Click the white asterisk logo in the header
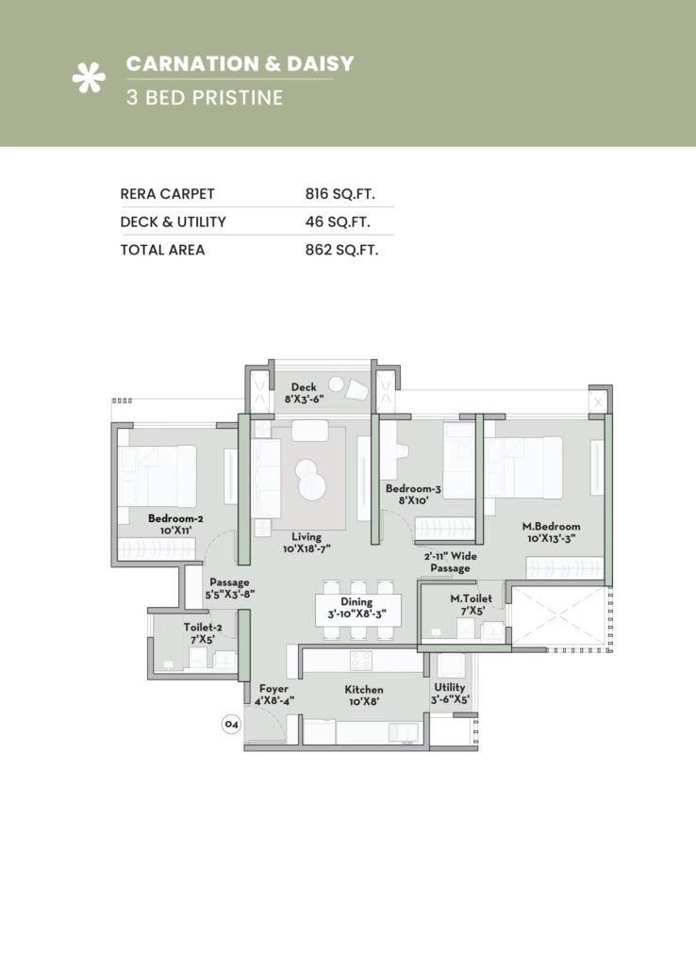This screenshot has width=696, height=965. pyautogui.click(x=89, y=79)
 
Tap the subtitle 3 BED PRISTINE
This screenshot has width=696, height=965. pyautogui.click(x=205, y=97)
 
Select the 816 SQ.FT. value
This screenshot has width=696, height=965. pyautogui.click(x=340, y=194)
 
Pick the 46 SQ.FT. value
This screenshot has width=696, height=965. pyautogui.click(x=337, y=222)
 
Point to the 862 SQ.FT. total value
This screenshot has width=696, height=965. pyautogui.click(x=341, y=251)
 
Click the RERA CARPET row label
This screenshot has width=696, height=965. pyautogui.click(x=168, y=194)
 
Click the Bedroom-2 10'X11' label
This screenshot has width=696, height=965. pyautogui.click(x=175, y=525)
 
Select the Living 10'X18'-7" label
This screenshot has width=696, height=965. pyautogui.click(x=306, y=541)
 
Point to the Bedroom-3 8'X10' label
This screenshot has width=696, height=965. pyautogui.click(x=413, y=495)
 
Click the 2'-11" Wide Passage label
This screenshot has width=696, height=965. pyautogui.click(x=450, y=563)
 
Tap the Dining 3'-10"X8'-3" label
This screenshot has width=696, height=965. pyautogui.click(x=356, y=609)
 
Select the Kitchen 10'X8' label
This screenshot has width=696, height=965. pyautogui.click(x=364, y=695)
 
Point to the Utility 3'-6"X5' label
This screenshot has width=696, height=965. pyautogui.click(x=450, y=694)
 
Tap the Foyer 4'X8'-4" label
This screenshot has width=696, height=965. pyautogui.click(x=273, y=695)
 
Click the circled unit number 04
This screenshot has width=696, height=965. pyautogui.click(x=231, y=725)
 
